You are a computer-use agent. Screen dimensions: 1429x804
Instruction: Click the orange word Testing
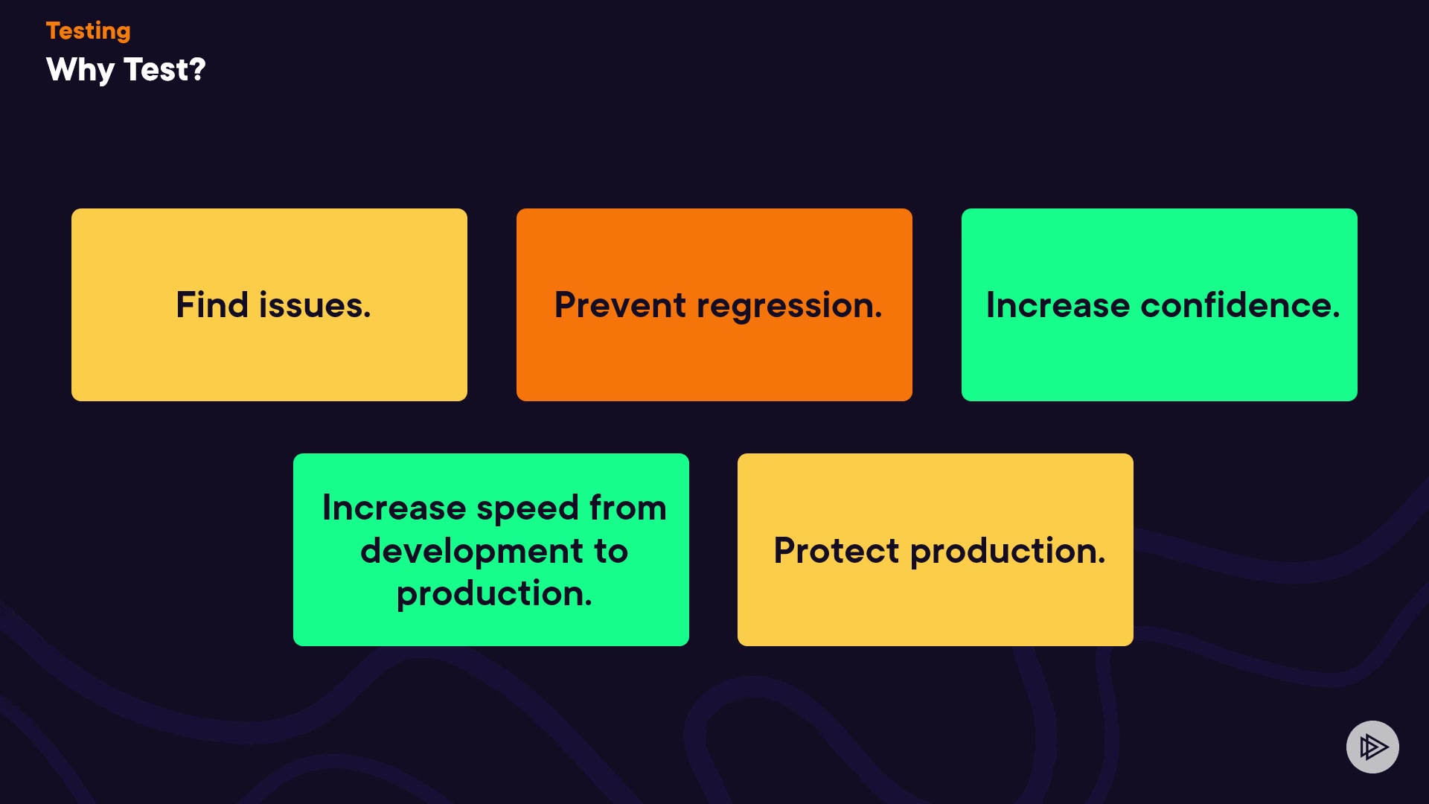coord(88,31)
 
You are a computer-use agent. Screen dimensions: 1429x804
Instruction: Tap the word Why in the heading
coord(80,71)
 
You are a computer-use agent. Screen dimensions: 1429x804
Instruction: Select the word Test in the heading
coord(156,69)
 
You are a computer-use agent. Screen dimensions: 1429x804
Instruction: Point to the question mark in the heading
coord(197,69)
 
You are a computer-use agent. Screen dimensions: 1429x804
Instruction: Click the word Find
coord(212,304)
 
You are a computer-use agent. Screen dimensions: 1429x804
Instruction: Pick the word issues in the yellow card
coord(314,305)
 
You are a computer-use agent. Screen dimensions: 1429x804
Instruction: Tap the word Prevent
coord(620,305)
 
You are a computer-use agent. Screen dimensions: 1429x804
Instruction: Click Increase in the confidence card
coord(1058,305)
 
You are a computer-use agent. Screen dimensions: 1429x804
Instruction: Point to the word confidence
coord(1240,304)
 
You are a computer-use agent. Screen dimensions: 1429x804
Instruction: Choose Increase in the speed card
coord(394,508)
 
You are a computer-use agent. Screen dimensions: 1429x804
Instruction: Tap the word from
coord(627,508)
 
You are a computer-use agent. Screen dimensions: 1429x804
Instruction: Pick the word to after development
coord(611,552)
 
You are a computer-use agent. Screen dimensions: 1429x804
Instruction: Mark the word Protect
coord(837,551)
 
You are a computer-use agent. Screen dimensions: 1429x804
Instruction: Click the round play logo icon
coord(1372,747)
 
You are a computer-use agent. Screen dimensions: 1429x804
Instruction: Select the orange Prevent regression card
coord(714,304)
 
